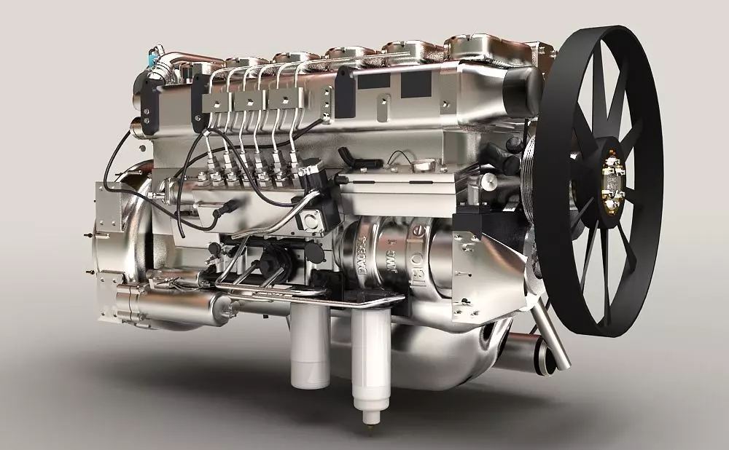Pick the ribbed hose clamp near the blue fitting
pyautogui.click(x=169, y=69)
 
